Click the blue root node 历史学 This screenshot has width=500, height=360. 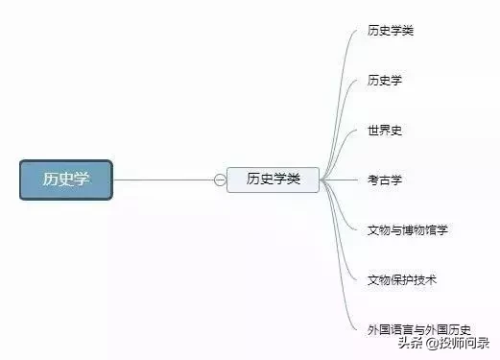point(66,180)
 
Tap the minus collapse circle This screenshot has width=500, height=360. point(220,180)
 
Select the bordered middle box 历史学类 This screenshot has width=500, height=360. point(273,180)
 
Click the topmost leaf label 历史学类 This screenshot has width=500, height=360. point(391,31)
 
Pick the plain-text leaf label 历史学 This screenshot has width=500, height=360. point(384,81)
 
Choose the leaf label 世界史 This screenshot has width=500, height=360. point(384,130)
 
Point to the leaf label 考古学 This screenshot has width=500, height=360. point(384,180)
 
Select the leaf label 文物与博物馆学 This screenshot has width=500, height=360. point(408,229)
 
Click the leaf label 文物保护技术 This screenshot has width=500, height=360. point(402,279)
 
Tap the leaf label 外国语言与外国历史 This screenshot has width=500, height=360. point(419,329)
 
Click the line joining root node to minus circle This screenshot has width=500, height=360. point(163,180)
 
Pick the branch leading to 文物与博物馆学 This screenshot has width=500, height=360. point(346,216)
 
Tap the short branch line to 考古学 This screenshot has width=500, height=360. point(341,180)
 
